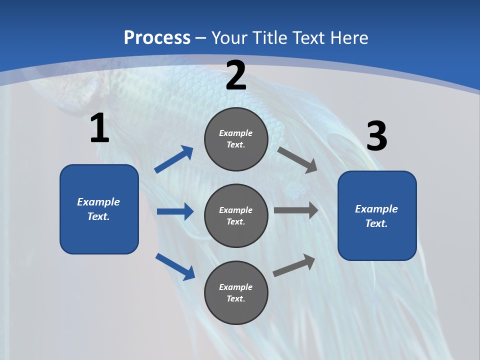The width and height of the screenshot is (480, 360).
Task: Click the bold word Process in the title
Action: point(157,38)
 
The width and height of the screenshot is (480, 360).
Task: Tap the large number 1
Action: point(99,128)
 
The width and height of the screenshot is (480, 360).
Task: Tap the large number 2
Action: point(236,75)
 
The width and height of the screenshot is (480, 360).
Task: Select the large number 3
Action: point(376,136)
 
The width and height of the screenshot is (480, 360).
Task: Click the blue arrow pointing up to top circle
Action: point(174,159)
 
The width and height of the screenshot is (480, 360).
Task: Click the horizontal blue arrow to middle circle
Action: point(175,211)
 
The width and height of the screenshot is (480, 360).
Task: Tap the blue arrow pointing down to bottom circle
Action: point(175,266)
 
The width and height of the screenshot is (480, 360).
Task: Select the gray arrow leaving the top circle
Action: point(297,159)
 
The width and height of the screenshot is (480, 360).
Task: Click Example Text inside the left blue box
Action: point(98,209)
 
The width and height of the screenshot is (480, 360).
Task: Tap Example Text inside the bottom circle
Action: point(235,292)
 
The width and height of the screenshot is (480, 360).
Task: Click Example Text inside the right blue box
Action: point(376,216)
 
